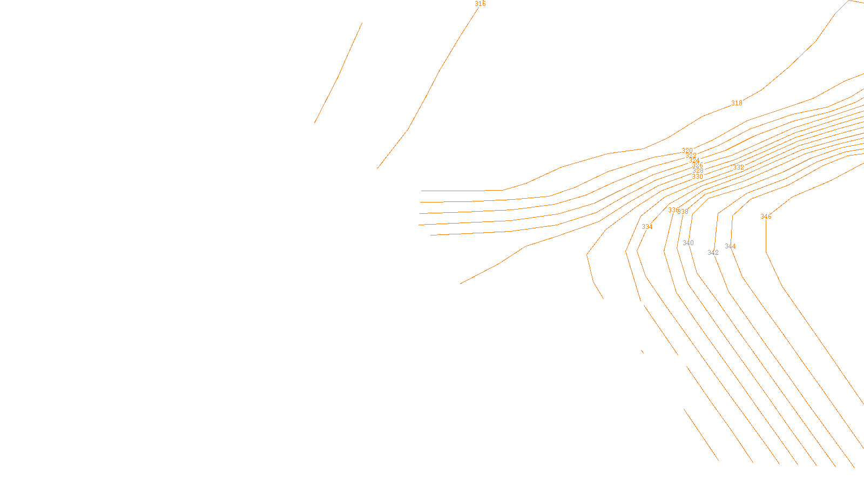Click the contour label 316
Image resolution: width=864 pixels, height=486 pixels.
[480, 4]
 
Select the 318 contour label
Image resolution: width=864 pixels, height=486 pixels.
[737, 103]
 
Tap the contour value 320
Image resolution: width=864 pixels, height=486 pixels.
[687, 151]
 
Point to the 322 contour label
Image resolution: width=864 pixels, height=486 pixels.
[691, 156]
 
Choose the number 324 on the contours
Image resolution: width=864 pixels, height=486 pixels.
[694, 160]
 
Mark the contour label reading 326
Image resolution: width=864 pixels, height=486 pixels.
[698, 165]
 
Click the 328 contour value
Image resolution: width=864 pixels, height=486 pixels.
[698, 171]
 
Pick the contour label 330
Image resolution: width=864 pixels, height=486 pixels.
[698, 177]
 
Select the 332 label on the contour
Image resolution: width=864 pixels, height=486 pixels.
[738, 167]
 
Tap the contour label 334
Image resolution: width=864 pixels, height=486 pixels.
[647, 227]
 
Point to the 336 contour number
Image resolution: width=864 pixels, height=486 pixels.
[673, 210]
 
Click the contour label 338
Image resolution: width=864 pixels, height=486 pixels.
[684, 212]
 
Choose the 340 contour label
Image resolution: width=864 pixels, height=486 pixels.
[688, 243]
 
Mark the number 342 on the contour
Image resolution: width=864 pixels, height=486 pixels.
[713, 253]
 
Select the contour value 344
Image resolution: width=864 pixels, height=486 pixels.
[730, 246]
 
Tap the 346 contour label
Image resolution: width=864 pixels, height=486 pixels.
[766, 217]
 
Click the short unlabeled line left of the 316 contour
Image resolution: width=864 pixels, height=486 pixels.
[339, 73]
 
